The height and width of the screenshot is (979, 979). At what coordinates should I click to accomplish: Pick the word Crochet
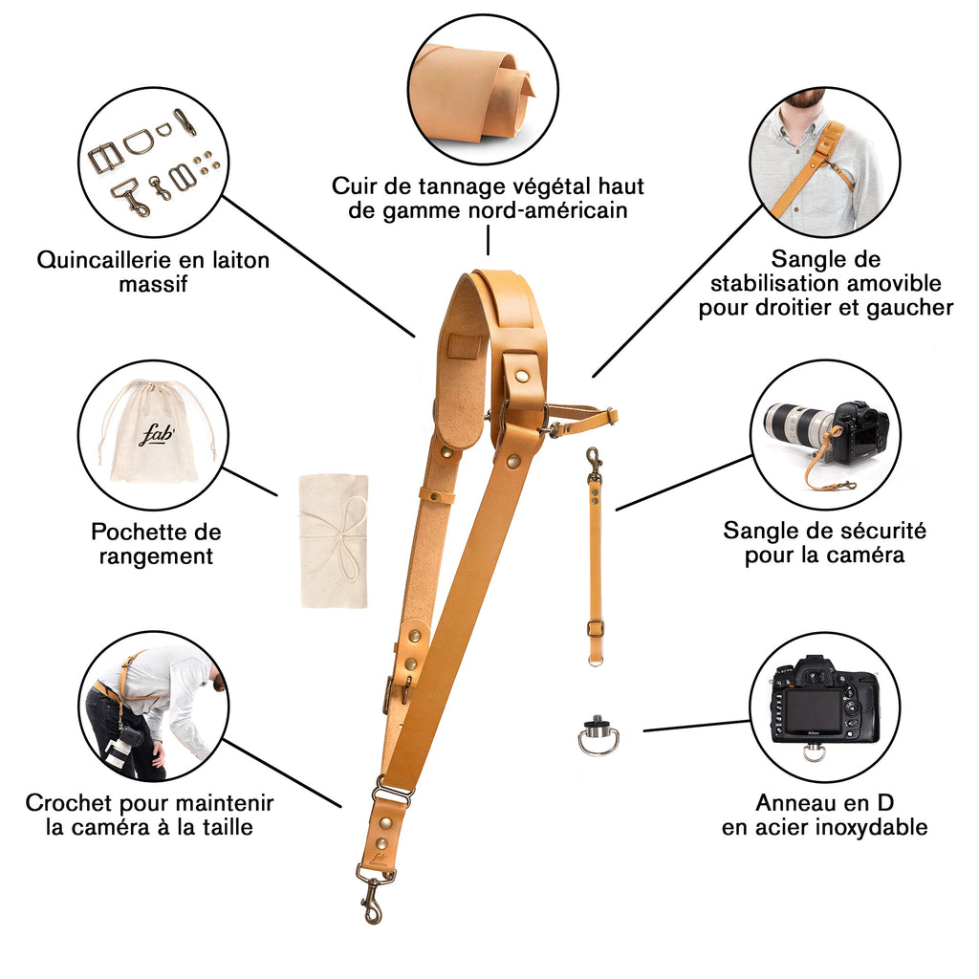[x=69, y=803]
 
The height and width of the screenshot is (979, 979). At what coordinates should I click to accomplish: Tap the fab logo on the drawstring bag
[x=156, y=435]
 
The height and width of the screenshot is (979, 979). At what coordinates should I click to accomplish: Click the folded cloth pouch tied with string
[x=334, y=541]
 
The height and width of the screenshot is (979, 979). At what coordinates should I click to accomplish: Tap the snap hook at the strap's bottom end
[x=375, y=894]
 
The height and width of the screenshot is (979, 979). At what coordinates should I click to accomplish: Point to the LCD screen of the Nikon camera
[x=812, y=711]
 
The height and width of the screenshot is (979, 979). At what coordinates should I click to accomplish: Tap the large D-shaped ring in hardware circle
[x=139, y=141]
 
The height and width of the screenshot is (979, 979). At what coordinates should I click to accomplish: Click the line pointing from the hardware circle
[x=318, y=267]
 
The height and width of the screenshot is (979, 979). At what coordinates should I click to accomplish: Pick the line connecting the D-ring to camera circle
[x=697, y=726]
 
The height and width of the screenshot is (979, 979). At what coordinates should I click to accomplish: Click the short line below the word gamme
[x=488, y=240]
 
